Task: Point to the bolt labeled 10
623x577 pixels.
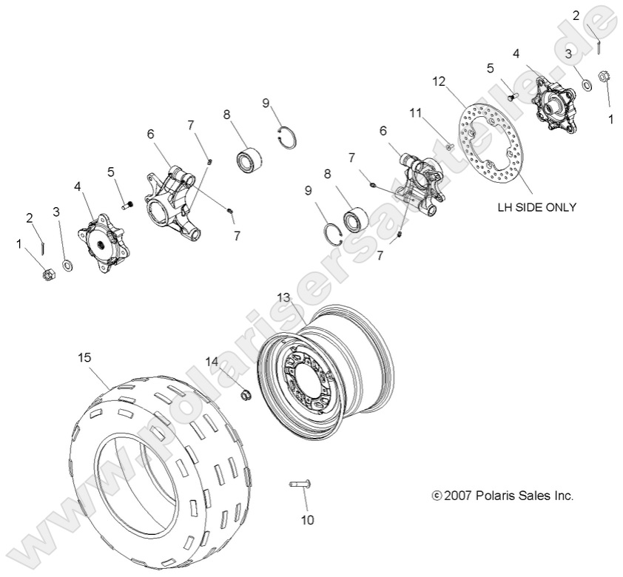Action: pyautogui.click(x=300, y=485)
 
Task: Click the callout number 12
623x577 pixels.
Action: pyautogui.click(x=440, y=81)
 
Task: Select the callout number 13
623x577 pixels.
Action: pyautogui.click(x=283, y=297)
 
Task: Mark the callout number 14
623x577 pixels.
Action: pyautogui.click(x=212, y=362)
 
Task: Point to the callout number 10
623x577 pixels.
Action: pyautogui.click(x=307, y=520)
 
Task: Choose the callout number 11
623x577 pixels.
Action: pyautogui.click(x=416, y=113)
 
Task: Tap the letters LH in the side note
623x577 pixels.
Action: pyautogui.click(x=505, y=208)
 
